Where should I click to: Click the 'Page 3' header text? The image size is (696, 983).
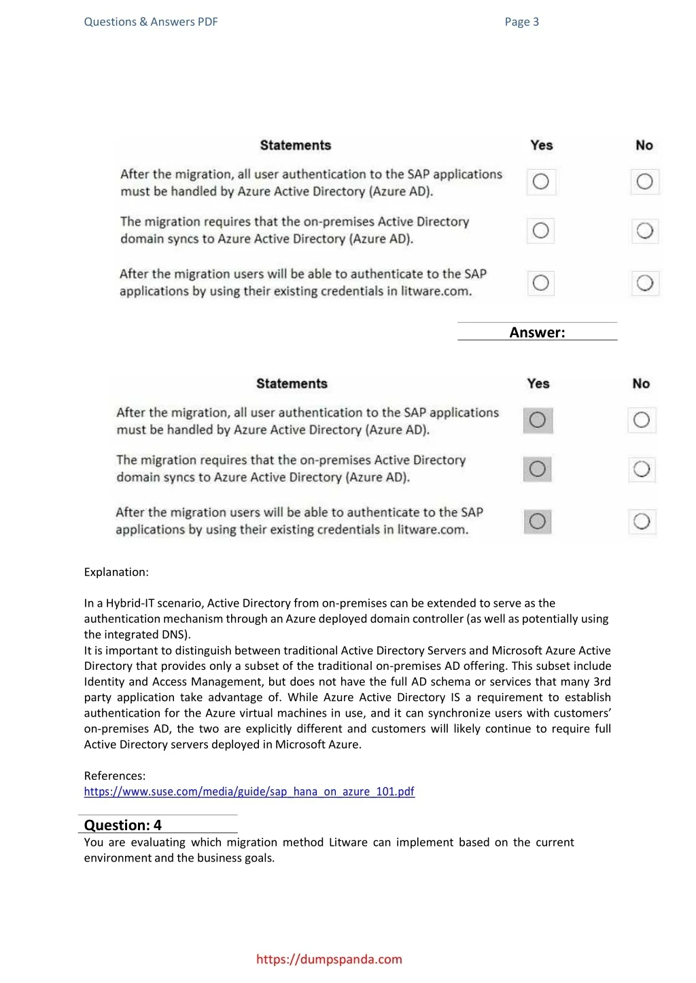click(x=521, y=22)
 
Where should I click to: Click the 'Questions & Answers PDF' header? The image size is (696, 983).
click(x=151, y=22)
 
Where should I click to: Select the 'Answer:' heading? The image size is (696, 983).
click(x=537, y=332)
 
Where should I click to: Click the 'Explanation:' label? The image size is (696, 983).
click(x=116, y=572)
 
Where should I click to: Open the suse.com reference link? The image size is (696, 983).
click(x=249, y=791)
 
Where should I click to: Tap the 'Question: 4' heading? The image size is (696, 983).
click(x=123, y=825)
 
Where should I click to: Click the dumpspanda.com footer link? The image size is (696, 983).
click(x=329, y=959)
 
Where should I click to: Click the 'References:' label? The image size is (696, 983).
click(x=115, y=776)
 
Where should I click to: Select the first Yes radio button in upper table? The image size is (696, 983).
click(x=541, y=181)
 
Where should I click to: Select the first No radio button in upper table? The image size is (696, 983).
click(x=644, y=181)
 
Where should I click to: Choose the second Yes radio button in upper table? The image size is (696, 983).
click(x=540, y=231)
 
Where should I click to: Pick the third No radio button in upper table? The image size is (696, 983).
click(x=644, y=283)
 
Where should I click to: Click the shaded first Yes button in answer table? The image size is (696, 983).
click(x=538, y=420)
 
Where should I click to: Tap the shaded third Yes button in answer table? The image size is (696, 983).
click(x=537, y=521)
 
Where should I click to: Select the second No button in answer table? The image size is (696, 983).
click(x=642, y=469)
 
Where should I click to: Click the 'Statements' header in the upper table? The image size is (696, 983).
click(x=296, y=145)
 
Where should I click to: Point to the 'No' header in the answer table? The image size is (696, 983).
click(x=641, y=384)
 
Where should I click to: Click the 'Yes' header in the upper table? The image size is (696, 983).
click(x=542, y=145)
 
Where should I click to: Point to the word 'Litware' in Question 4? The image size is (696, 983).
click(x=348, y=842)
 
